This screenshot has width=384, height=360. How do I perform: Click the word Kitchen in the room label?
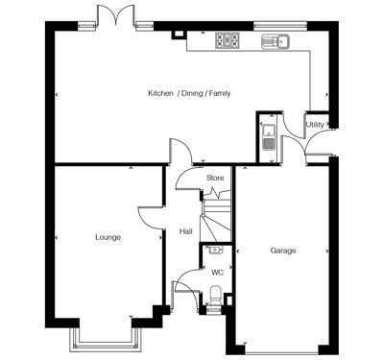(160, 93)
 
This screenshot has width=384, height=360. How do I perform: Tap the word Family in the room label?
(218, 93)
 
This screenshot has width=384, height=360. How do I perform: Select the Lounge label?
(108, 236)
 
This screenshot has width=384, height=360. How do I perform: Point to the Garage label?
(282, 251)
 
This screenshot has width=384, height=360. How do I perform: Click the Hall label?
(186, 231)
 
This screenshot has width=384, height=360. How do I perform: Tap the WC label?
(217, 272)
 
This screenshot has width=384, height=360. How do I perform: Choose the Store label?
(215, 178)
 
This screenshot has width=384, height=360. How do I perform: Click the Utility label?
(314, 125)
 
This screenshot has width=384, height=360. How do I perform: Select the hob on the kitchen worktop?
(228, 40)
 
